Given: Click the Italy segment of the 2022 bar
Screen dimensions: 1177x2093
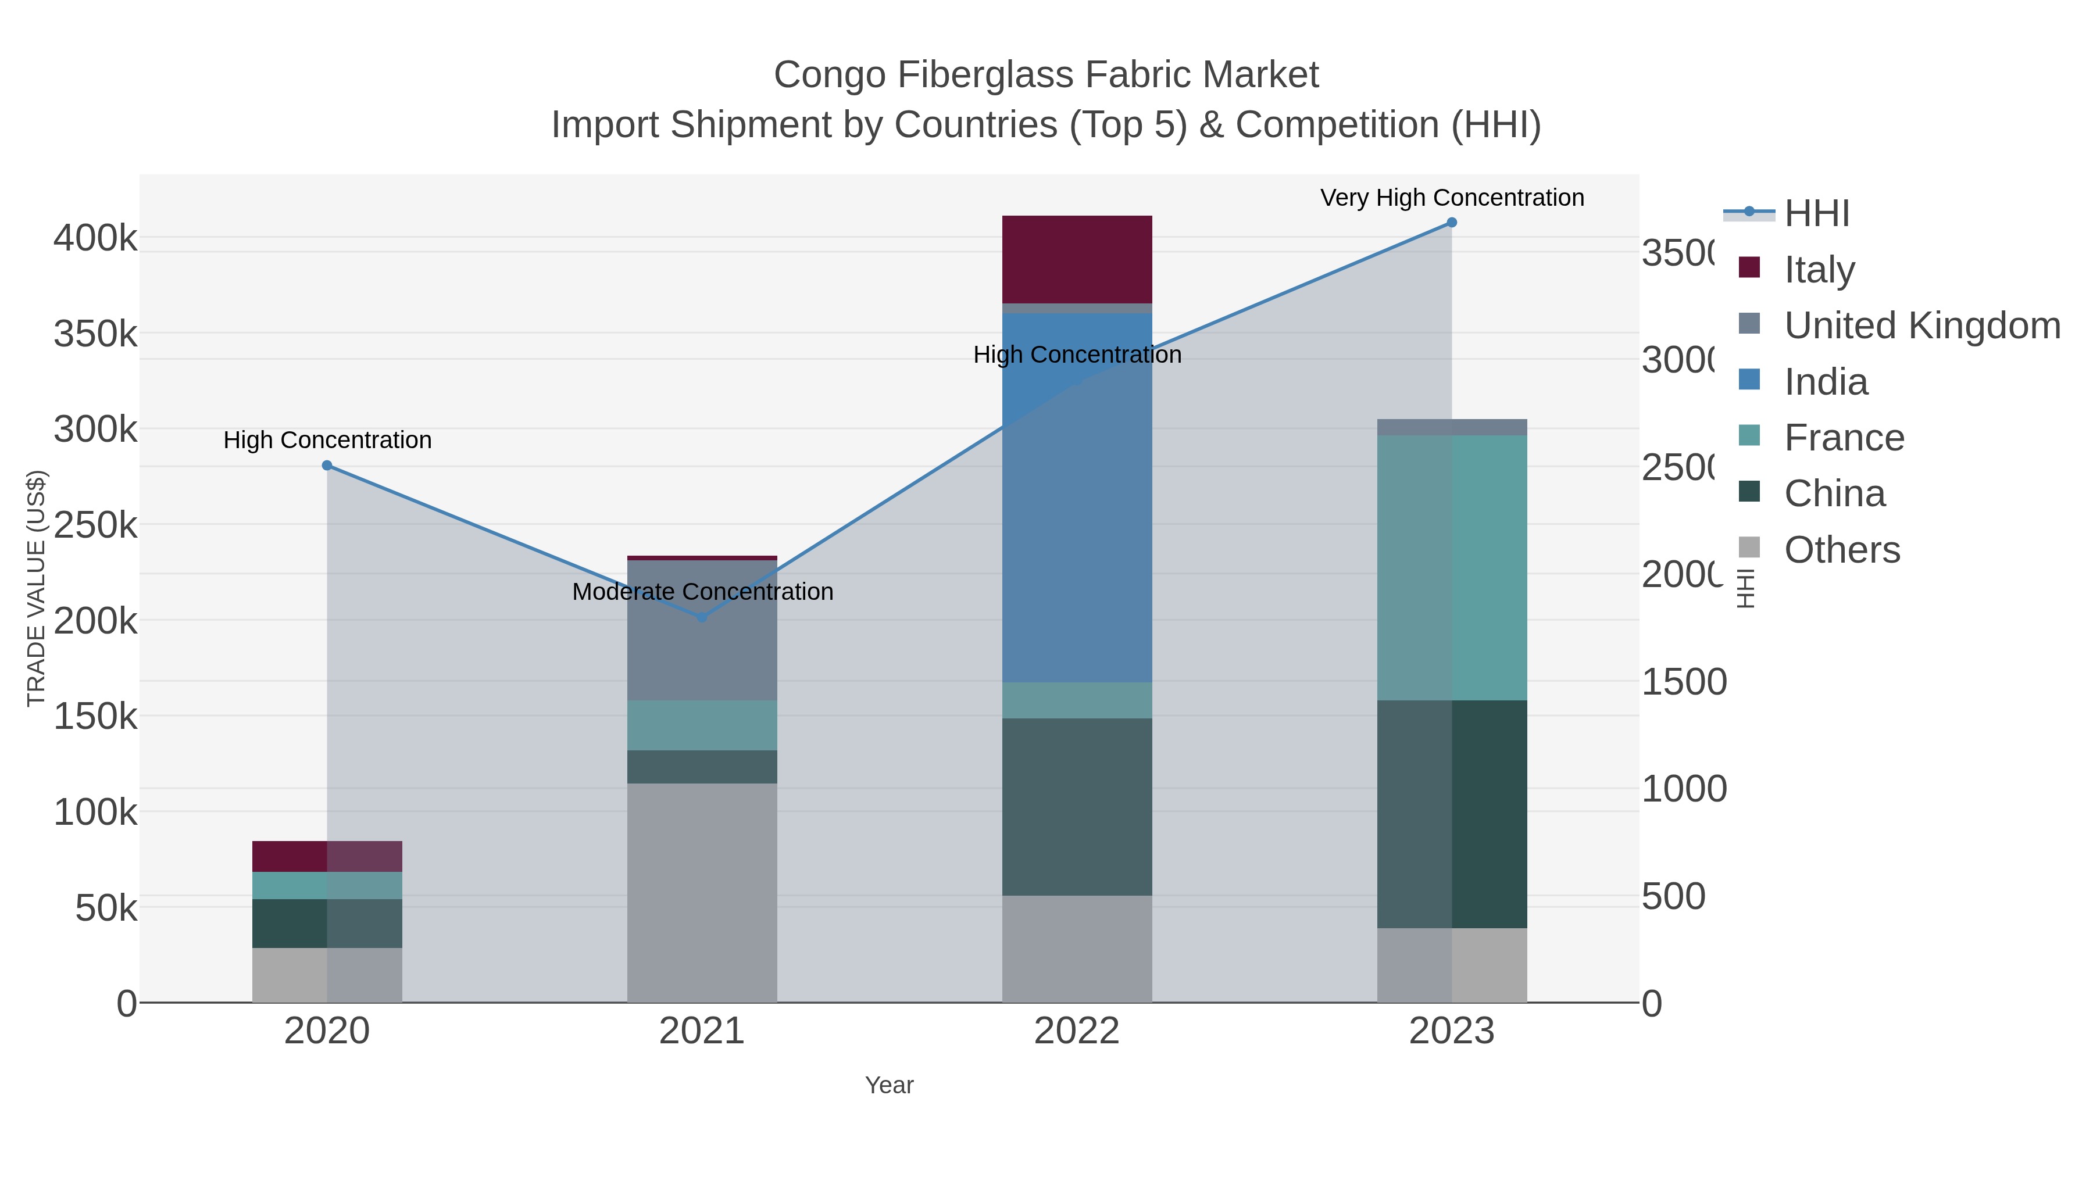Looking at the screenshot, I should (x=1077, y=259).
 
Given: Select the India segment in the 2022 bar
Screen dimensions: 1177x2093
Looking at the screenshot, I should (x=1077, y=497).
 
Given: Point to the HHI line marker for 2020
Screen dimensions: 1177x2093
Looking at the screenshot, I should (x=327, y=466).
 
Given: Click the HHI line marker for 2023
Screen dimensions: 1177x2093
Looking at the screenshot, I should (x=1452, y=223).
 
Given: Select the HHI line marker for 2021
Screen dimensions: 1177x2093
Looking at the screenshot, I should (x=702, y=617).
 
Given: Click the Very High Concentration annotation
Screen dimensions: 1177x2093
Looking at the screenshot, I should (x=1452, y=198).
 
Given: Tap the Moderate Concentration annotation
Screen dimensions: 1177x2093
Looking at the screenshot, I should (x=702, y=592).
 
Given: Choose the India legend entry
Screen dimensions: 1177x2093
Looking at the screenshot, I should (x=1826, y=382).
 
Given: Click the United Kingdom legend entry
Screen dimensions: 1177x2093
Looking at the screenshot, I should (x=1921, y=325).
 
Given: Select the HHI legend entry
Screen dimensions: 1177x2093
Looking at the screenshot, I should (x=1817, y=214).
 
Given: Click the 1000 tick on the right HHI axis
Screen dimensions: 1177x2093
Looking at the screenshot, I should (x=1684, y=789).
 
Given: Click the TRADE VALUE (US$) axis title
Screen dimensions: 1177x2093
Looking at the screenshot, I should (x=37, y=588).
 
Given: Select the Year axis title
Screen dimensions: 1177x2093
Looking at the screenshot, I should (x=889, y=1085).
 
